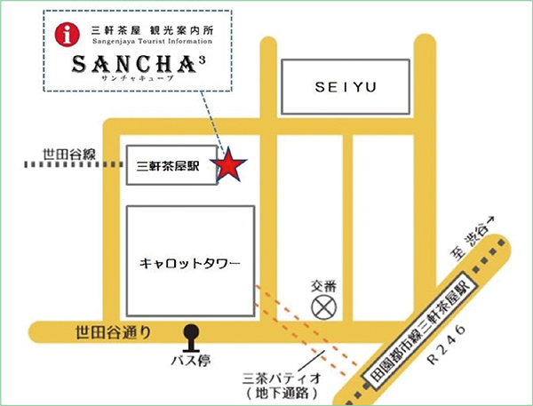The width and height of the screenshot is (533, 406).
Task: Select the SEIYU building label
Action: click(346, 86)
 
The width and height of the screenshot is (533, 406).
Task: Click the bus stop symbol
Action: click(190, 338)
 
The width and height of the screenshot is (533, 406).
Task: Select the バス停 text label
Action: click(190, 363)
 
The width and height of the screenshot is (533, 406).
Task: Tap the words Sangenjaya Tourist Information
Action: click(153, 41)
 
